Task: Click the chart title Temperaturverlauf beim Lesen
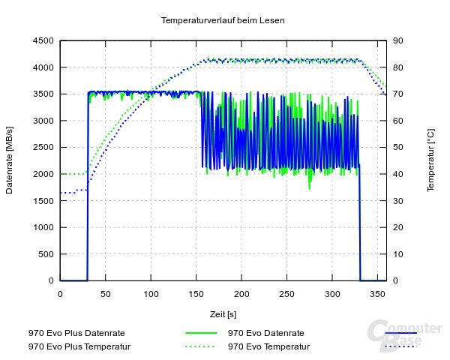tap(223, 20)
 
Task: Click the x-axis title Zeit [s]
tap(223, 313)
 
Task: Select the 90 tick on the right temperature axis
tap(400, 40)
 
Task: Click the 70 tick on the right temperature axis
tap(400, 94)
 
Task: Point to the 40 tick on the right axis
tap(400, 174)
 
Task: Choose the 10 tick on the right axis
tap(400, 254)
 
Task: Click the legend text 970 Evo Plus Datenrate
tap(76, 332)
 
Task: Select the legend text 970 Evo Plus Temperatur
tap(79, 346)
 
